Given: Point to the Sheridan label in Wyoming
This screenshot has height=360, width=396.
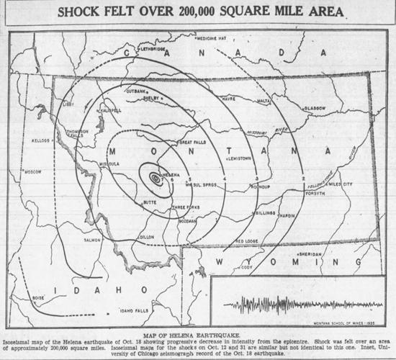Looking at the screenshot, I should [310, 254].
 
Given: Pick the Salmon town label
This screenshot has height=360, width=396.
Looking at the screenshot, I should [91, 240].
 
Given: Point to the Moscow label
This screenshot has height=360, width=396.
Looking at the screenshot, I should [33, 172].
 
